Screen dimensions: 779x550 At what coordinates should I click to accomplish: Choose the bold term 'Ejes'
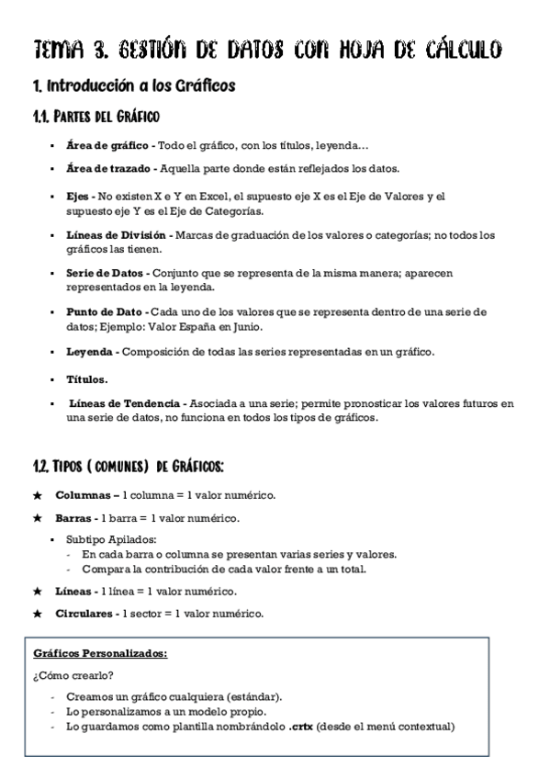click(79, 197)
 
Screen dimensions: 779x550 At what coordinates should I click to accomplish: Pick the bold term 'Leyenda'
click(89, 352)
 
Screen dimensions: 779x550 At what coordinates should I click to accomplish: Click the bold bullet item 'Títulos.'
click(87, 378)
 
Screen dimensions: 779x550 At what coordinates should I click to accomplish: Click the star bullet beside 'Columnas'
click(38, 496)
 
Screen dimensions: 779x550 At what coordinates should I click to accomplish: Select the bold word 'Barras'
click(73, 518)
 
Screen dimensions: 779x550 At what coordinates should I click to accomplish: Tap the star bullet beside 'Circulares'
click(38, 614)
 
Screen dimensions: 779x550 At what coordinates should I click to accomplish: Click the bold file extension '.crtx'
click(300, 728)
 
